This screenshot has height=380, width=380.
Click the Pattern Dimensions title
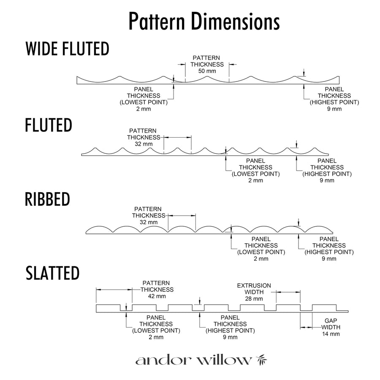point(204,22)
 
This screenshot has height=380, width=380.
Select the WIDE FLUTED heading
point(68,49)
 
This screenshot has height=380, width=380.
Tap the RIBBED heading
point(47,199)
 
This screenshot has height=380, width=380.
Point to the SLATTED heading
point(53,273)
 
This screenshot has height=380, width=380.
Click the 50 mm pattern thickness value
point(207,71)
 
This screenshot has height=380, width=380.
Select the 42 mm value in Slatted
point(157,296)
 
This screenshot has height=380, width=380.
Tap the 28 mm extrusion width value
point(254,299)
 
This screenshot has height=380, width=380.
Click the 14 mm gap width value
point(331,334)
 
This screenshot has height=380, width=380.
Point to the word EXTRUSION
point(254,285)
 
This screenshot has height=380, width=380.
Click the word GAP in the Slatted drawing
point(331,320)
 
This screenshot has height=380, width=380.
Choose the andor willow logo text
point(193,361)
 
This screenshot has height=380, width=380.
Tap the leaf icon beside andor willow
point(262,360)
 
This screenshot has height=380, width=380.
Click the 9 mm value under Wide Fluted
point(334,109)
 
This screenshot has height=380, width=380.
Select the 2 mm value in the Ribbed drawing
point(261,258)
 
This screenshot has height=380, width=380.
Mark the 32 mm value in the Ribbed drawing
point(149,222)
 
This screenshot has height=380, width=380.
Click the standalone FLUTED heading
point(49,125)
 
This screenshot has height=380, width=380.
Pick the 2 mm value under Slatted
point(156,337)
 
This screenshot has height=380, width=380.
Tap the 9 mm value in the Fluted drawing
point(327,180)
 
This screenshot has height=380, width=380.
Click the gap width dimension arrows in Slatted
point(307,327)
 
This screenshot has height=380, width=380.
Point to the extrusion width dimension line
point(288,292)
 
